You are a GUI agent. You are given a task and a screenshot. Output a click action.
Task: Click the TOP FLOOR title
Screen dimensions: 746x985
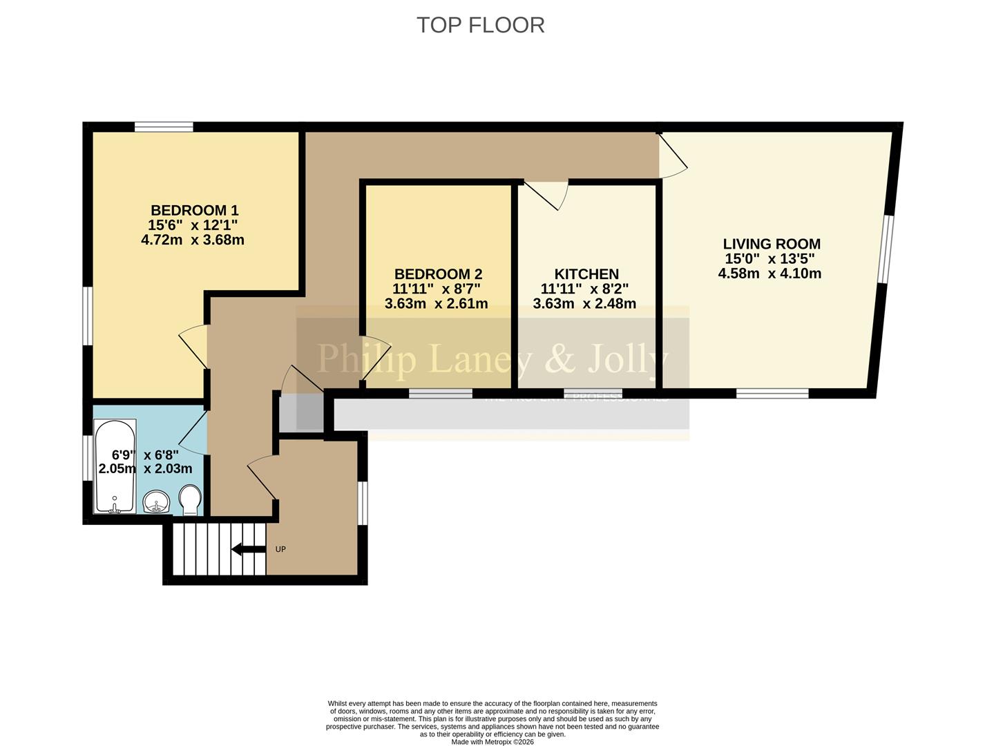[481, 25]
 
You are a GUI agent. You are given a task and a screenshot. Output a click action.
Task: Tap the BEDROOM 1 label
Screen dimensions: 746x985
[194, 210]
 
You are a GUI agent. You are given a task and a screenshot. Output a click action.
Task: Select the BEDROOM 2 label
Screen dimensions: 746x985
[438, 274]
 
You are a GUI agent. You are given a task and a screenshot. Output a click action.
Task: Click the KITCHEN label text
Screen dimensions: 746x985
[586, 274]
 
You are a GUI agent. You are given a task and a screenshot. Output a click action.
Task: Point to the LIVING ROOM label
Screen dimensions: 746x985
[772, 244]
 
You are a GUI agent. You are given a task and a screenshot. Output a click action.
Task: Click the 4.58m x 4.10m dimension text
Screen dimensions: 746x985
[769, 274]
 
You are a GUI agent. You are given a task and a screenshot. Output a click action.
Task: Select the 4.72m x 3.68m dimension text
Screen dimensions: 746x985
[193, 240]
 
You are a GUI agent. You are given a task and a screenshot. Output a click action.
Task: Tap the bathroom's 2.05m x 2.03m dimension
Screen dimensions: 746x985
[146, 469]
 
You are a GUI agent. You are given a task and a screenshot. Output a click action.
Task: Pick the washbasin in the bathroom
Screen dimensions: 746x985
[157, 502]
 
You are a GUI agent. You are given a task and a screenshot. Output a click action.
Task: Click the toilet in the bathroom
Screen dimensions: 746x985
[189, 499]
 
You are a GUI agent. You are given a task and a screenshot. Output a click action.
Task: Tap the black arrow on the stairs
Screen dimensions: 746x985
[248, 550]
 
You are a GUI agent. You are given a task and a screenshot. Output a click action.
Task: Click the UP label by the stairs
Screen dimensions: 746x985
[280, 550]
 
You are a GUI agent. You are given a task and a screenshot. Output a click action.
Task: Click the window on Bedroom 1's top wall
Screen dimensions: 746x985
[164, 126]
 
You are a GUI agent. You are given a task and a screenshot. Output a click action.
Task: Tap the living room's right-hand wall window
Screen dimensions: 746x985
[886, 249]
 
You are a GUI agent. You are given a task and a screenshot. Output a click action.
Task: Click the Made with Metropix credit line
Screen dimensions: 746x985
[492, 742]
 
